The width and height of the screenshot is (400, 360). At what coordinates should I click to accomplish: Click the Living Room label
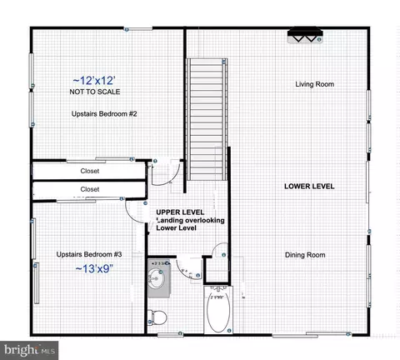click(x=314, y=84)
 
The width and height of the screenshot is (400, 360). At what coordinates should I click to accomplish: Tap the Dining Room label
click(x=305, y=255)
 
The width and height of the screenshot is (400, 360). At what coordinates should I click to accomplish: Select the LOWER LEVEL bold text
click(x=309, y=186)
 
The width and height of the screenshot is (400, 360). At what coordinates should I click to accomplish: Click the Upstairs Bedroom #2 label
click(x=104, y=114)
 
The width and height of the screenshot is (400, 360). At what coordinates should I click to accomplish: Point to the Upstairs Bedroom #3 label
click(x=89, y=254)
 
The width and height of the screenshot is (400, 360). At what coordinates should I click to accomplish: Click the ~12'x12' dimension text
click(x=94, y=81)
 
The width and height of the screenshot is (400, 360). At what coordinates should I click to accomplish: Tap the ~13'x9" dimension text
click(x=94, y=269)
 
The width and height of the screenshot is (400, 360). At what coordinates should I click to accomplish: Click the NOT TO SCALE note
click(x=95, y=92)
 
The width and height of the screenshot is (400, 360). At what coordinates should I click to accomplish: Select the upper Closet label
click(x=90, y=171)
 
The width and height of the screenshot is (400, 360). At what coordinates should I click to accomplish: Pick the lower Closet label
click(x=90, y=189)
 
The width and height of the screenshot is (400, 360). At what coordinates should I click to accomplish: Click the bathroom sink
click(x=158, y=279)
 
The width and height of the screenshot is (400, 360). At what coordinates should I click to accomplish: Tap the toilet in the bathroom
click(x=157, y=317)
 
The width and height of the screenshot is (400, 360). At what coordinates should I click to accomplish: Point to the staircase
click(x=207, y=119)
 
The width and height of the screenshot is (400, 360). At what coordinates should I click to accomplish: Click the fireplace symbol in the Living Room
click(x=305, y=35)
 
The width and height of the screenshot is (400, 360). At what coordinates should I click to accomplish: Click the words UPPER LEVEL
click(x=180, y=212)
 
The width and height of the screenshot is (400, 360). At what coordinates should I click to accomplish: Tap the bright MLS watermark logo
click(x=29, y=350)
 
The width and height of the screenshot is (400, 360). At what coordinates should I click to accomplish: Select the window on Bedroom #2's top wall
click(x=137, y=28)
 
